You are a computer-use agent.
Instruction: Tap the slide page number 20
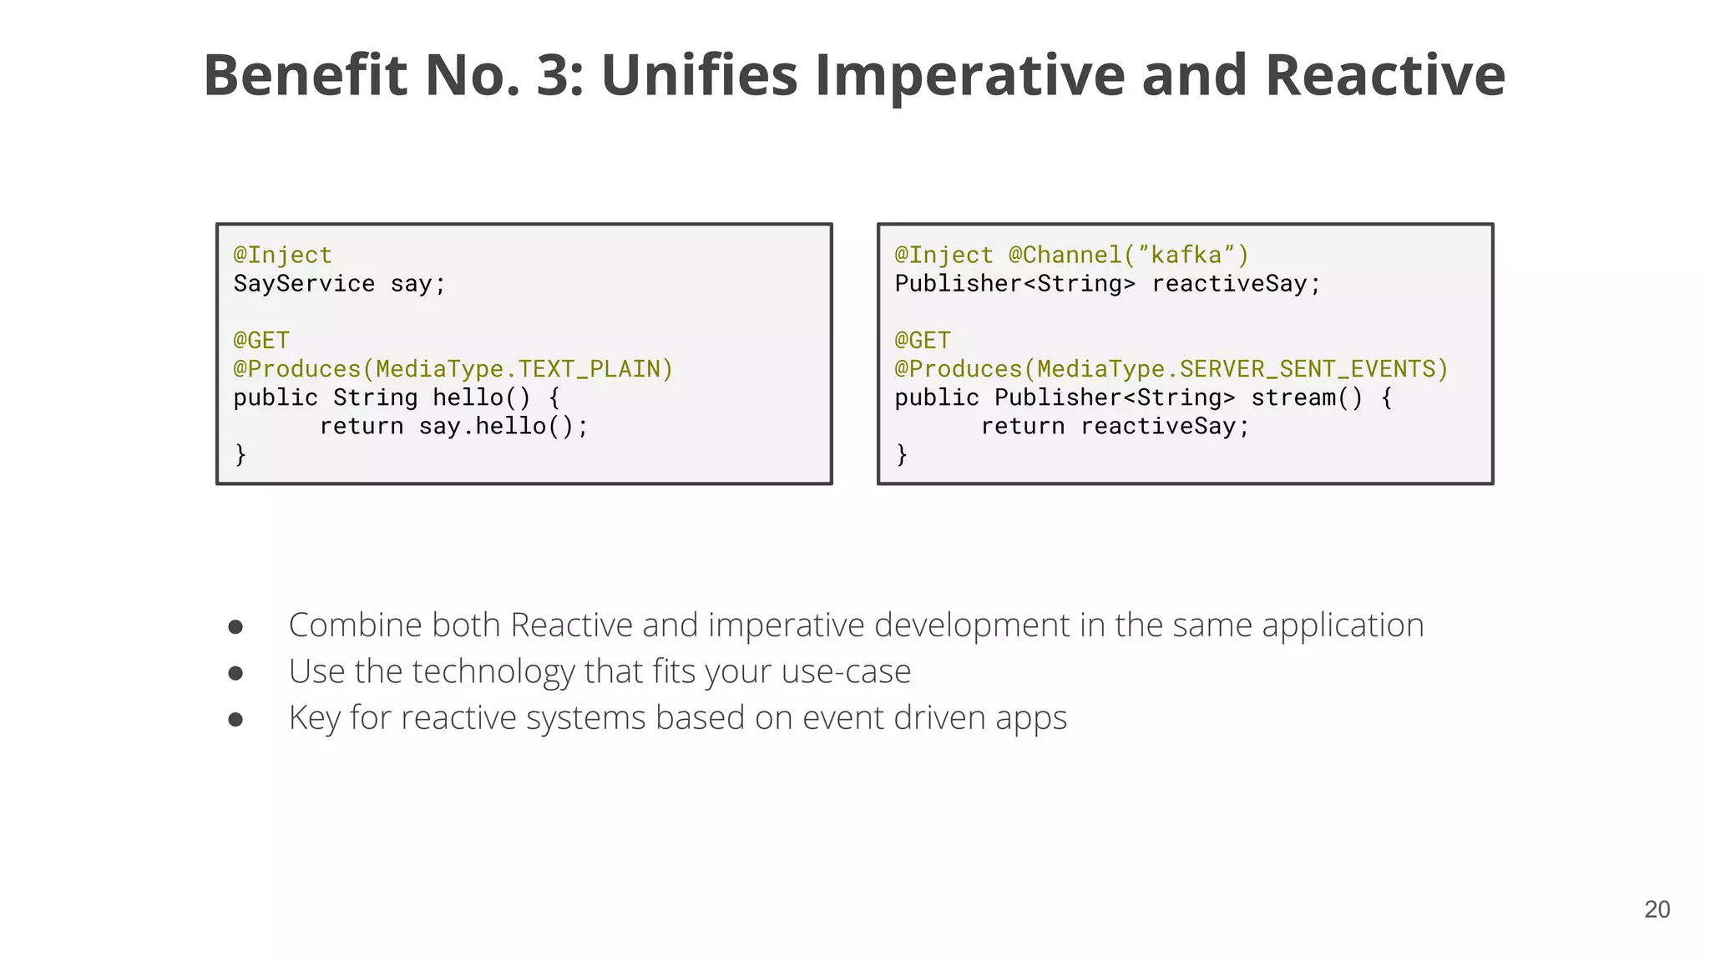pos(1657,909)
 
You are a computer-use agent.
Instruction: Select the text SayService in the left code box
pos(304,284)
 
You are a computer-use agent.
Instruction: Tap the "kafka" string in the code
pos(1186,256)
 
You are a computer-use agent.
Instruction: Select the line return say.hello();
pos(453,427)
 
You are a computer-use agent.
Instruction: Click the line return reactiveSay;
pos(1115,427)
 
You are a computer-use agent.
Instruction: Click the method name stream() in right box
pos(1306,398)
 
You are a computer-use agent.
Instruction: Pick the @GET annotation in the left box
pos(261,341)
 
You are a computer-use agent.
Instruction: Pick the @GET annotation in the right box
pos(923,341)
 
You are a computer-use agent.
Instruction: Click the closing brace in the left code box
pos(240,455)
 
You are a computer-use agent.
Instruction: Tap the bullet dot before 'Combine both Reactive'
pos(235,627)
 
